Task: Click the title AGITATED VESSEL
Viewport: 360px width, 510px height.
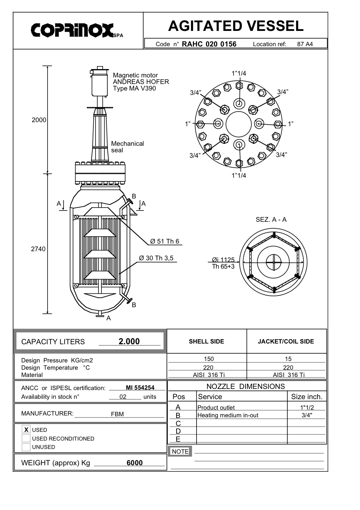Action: click(236, 26)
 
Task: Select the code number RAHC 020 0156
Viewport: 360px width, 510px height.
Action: click(209, 44)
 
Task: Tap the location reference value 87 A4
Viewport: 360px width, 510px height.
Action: click(305, 44)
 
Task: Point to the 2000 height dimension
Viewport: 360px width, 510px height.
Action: click(39, 120)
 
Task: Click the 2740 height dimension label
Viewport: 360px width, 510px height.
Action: click(38, 249)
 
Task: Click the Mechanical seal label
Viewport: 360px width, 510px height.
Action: click(128, 147)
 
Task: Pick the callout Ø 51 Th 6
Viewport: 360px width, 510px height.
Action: click(165, 241)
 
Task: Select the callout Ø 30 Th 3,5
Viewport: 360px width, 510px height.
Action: click(156, 258)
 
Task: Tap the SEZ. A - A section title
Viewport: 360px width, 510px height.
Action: click(271, 220)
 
